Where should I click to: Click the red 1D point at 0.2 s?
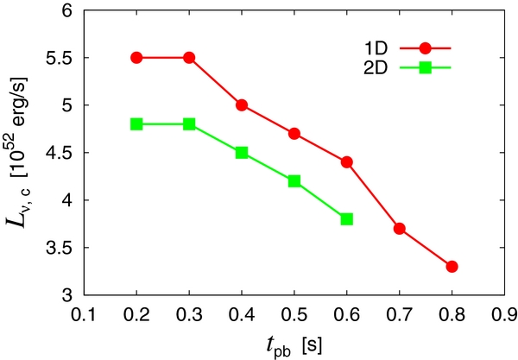point(136,57)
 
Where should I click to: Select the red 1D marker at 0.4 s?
point(242,105)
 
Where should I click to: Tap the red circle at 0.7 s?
point(399,229)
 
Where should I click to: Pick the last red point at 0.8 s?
point(452,267)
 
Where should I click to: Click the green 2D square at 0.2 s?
point(136,124)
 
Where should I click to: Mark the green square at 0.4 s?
point(242,153)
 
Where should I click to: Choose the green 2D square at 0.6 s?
point(347,219)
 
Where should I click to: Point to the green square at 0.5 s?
point(294,181)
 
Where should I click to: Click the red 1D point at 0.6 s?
point(347,162)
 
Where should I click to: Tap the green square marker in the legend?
point(425,66)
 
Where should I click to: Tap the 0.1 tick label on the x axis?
point(84,313)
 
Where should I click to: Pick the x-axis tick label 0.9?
point(504,313)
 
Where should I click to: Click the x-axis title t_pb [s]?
point(294,343)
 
